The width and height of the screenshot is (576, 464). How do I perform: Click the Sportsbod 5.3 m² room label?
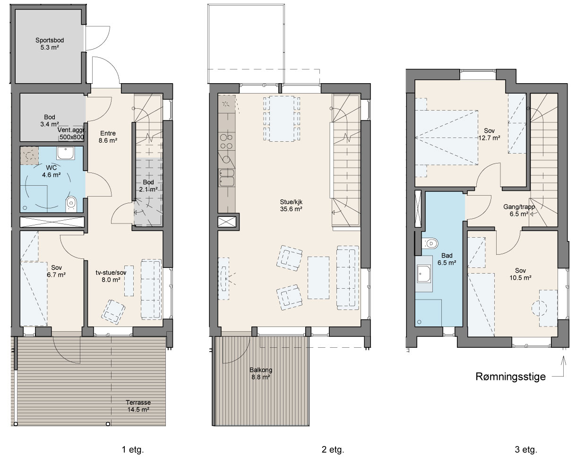(50, 44)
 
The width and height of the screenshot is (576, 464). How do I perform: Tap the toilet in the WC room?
(71, 204)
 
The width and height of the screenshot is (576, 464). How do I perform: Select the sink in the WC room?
(66, 153)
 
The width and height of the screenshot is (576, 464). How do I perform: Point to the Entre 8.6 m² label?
(108, 137)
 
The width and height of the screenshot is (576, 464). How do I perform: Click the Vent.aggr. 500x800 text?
(71, 134)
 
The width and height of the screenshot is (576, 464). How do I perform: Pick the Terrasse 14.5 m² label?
(138, 406)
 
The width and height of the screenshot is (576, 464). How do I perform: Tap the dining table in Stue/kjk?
(281, 119)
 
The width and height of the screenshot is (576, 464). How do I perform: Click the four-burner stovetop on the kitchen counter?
(226, 142)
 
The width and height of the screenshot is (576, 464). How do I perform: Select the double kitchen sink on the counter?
(227, 178)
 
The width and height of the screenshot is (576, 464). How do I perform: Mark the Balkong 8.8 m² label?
(261, 373)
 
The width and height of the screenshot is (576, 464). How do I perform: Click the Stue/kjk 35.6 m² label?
(291, 206)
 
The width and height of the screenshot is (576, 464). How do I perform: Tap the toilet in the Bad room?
(430, 244)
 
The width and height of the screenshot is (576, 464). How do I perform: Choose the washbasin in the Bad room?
(424, 274)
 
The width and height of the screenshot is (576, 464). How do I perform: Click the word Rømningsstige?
(510, 377)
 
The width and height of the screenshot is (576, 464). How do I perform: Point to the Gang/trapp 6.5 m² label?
(519, 210)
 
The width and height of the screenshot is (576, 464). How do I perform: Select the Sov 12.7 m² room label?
(489, 134)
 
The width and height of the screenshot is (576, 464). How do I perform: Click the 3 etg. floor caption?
(526, 449)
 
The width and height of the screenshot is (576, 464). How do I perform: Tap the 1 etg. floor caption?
(133, 449)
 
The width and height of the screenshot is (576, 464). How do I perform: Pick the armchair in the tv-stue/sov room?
(113, 312)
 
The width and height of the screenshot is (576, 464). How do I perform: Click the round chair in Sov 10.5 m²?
(539, 308)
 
